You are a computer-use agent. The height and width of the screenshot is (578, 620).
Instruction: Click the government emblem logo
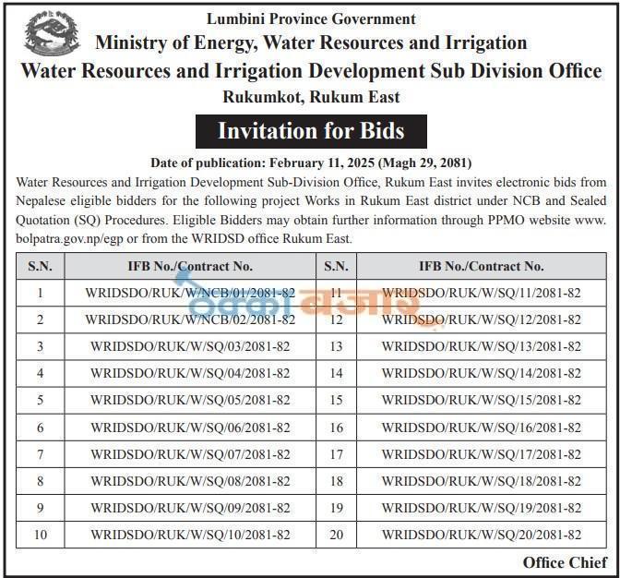pos(52,34)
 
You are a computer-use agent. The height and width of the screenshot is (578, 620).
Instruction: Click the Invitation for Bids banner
pos(311,130)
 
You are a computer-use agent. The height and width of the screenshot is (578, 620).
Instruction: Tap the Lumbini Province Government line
pos(311,18)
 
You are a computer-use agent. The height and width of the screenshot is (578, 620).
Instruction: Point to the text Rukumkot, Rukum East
pos(311,96)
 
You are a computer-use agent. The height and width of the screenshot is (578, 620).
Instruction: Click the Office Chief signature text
pos(565,562)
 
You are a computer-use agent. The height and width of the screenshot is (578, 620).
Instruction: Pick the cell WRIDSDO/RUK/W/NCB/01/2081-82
pos(190,293)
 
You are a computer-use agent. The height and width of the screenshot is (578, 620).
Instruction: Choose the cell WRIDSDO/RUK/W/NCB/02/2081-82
pos(190,319)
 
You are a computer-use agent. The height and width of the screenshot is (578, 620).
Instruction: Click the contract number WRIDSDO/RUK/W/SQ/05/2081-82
pos(190,400)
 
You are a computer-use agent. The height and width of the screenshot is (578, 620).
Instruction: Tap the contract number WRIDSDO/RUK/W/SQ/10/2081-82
pos(190,535)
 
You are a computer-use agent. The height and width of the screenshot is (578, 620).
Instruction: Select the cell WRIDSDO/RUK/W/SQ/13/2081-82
pos(482,346)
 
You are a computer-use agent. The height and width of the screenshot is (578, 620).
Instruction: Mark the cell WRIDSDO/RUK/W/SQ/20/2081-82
pos(482,535)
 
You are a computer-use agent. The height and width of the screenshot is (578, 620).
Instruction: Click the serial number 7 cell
pos(41,454)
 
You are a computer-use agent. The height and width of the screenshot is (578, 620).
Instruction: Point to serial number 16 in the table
pos(336,427)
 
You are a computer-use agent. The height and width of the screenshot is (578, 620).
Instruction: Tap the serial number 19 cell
pos(336,508)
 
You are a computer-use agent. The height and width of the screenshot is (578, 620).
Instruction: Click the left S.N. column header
pos(41,266)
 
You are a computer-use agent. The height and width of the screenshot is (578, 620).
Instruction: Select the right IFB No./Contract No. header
pos(482,266)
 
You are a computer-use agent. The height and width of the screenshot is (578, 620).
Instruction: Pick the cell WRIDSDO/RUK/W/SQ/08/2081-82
pos(190,481)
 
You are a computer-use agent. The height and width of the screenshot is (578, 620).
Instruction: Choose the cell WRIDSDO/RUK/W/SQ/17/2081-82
pos(482,454)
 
